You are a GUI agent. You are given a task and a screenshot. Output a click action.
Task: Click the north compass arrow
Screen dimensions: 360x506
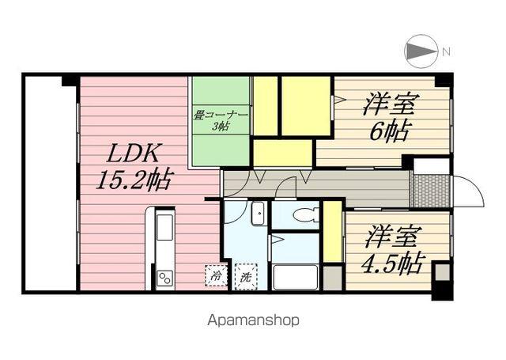click(421, 52)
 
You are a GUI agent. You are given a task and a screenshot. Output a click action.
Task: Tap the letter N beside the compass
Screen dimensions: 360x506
click(447, 52)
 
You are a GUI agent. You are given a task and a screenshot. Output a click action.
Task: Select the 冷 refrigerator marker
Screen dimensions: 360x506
click(214, 277)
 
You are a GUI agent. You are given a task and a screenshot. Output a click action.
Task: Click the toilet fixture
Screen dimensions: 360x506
click(304, 214)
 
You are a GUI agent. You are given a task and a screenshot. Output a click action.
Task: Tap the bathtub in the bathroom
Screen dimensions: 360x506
click(294, 277)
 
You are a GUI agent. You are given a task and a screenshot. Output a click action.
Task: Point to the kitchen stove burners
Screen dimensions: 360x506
click(165, 277)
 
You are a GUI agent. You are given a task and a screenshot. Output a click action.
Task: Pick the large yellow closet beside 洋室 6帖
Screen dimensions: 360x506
click(305, 106)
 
